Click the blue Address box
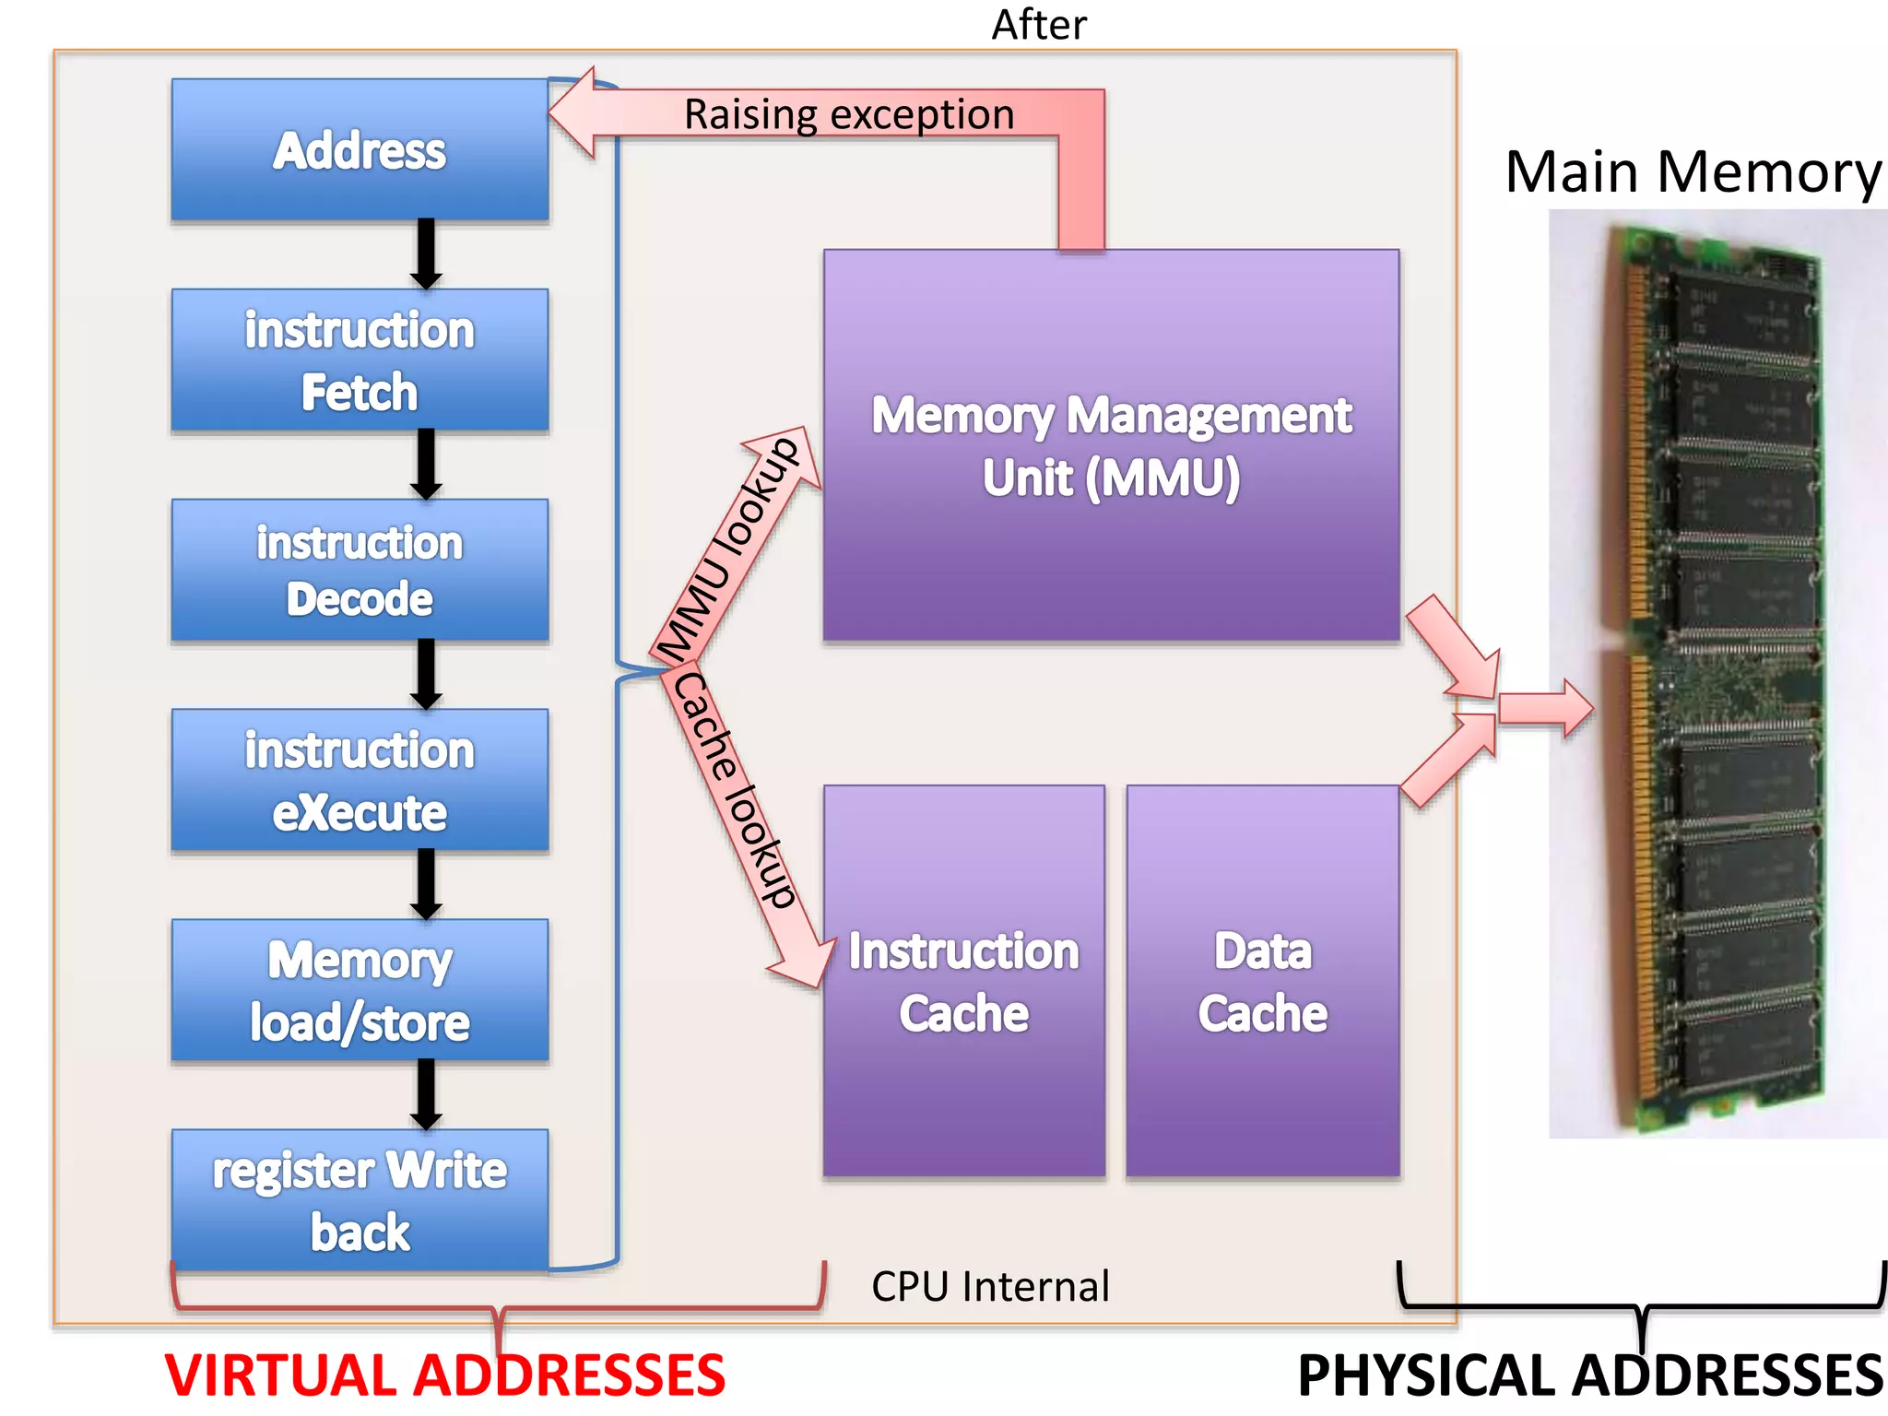click(x=360, y=149)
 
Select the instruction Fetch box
click(x=360, y=360)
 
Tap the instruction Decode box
click(x=360, y=570)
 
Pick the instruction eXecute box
click(x=360, y=780)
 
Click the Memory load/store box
click(x=360, y=990)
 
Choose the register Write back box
click(x=360, y=1199)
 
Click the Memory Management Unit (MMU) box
click(x=1111, y=445)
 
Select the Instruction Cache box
click(x=963, y=981)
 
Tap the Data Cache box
click(x=1262, y=981)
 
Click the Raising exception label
click(x=848, y=114)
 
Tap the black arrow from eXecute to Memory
click(x=425, y=883)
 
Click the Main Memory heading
click(x=1693, y=171)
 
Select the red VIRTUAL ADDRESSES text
click(x=445, y=1375)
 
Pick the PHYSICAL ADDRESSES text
click(x=1590, y=1375)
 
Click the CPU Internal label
click(x=990, y=1286)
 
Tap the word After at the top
click(x=1039, y=25)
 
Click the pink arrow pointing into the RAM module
click(x=1545, y=708)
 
